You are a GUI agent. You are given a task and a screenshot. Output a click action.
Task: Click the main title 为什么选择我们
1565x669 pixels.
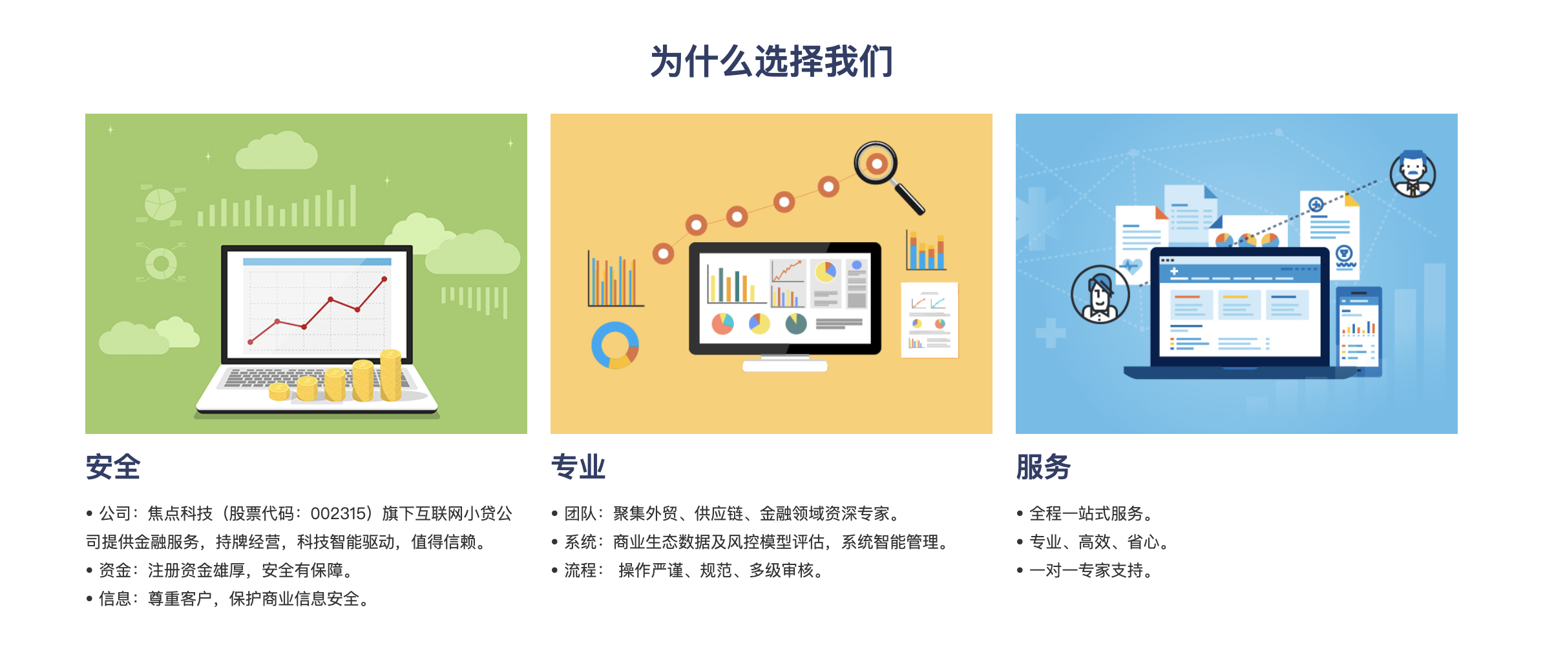click(772, 62)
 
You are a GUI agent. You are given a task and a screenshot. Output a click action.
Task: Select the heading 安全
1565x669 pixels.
click(113, 467)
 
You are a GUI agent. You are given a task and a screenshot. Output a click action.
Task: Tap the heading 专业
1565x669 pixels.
click(578, 467)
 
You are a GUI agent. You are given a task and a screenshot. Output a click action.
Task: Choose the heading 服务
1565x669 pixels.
click(1043, 467)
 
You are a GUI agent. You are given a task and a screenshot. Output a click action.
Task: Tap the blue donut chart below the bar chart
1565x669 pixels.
click(614, 345)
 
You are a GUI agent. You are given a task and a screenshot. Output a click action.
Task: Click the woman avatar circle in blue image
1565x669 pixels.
click(1100, 294)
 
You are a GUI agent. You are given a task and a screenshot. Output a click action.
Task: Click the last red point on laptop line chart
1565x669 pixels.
click(384, 279)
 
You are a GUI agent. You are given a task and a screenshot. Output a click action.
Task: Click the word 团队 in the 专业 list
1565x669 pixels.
click(580, 514)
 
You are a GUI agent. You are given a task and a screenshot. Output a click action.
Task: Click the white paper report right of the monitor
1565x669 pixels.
click(929, 320)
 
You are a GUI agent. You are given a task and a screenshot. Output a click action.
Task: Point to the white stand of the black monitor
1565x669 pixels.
click(784, 365)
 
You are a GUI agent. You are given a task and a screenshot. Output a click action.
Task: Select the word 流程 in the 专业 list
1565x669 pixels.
click(580, 571)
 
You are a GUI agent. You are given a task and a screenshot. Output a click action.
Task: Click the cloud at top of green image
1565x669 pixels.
click(277, 152)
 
